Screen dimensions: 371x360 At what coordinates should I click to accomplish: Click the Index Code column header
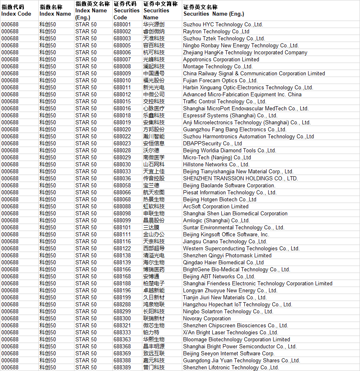16,11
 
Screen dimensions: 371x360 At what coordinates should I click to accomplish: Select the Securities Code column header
126,11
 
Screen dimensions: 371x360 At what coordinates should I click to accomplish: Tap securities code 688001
122,25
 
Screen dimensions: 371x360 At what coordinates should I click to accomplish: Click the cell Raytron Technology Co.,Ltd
216,32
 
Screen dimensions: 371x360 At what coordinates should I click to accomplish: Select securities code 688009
122,74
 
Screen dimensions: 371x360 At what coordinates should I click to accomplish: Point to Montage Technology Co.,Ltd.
218,67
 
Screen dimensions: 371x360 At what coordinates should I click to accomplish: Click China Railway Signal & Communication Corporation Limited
254,74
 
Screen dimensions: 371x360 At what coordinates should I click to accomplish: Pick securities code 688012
122,95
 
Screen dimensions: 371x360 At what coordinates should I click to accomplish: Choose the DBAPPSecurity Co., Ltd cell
212,144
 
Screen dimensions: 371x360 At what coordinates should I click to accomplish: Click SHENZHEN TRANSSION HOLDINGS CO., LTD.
240,179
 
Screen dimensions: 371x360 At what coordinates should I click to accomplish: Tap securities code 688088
122,207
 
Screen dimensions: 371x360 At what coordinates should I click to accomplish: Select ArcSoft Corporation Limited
216,207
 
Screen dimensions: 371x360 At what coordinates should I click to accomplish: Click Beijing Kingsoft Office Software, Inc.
226,235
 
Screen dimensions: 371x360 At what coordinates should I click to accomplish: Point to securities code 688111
122,235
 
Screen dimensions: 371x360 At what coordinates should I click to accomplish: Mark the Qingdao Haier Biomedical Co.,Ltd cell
223,263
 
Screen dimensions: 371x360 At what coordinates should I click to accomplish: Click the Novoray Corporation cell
207,319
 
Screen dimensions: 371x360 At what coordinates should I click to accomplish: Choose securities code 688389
122,368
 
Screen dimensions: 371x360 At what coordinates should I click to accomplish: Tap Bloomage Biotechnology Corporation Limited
237,340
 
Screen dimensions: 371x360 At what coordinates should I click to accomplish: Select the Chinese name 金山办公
154,235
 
